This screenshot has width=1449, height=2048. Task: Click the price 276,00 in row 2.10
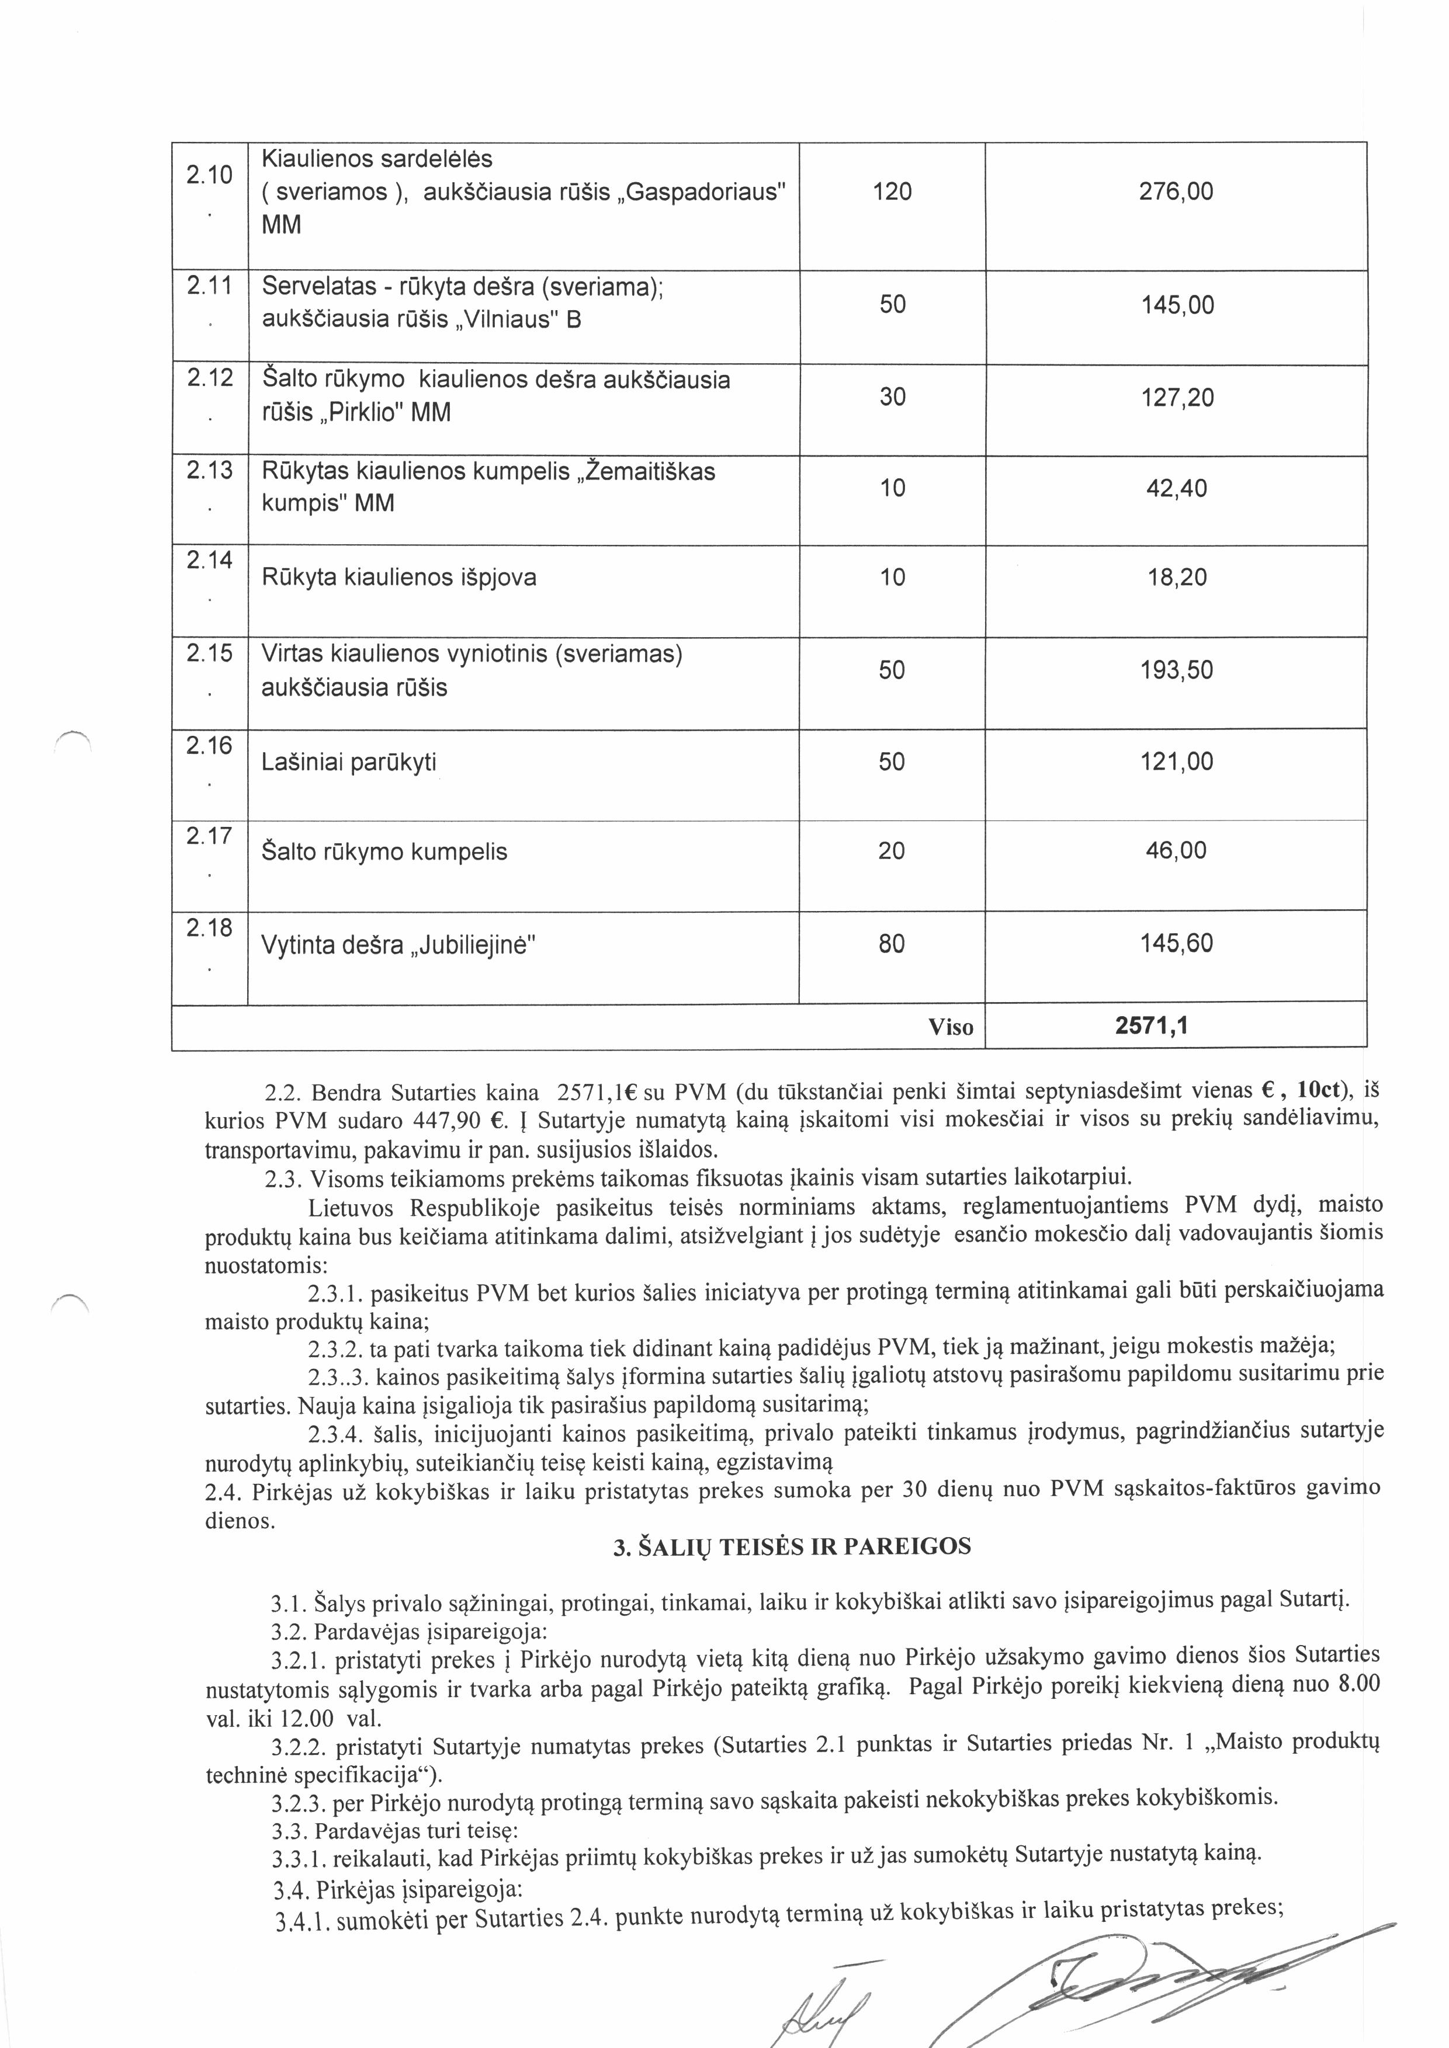tap(1176, 192)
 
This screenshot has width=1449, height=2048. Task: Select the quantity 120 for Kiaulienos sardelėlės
tap(892, 192)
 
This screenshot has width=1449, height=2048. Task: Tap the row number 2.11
tap(209, 286)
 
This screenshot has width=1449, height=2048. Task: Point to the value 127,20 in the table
tap(1177, 398)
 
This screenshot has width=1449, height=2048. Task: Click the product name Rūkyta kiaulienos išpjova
tap(399, 578)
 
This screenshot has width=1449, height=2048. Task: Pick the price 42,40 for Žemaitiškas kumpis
tap(1176, 489)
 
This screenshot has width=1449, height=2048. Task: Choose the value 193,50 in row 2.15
tap(1176, 671)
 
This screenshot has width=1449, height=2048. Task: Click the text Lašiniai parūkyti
tap(349, 763)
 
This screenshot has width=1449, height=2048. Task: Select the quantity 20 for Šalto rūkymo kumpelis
tap(892, 851)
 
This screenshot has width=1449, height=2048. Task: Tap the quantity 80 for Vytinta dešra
tap(892, 944)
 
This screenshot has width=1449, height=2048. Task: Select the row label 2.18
tap(209, 929)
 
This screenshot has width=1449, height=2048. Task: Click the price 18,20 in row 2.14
tap(1177, 578)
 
